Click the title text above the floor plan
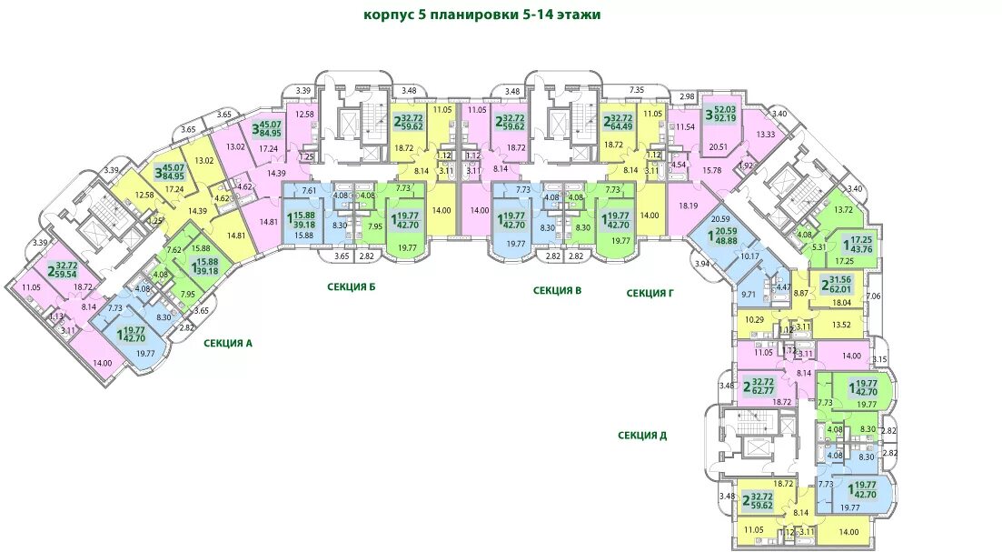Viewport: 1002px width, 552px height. (481, 15)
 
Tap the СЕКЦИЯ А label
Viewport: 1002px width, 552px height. (227, 344)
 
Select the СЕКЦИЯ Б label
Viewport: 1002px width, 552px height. (351, 287)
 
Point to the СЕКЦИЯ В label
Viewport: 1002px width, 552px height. (557, 291)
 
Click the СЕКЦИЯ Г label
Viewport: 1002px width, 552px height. (650, 293)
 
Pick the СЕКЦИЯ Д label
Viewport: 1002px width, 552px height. (642, 435)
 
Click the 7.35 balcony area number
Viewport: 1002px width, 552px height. (637, 89)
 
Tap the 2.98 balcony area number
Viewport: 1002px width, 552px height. (687, 96)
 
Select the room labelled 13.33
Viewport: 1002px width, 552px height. (766, 135)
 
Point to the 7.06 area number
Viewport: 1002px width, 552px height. (875, 296)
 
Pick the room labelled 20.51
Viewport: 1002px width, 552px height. (719, 146)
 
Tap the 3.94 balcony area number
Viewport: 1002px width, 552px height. (701, 264)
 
